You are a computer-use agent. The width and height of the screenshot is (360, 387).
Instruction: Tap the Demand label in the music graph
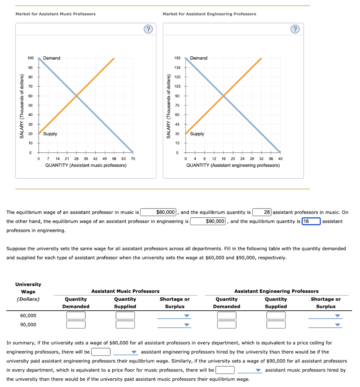52,58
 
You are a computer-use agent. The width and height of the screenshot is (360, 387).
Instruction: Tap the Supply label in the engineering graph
197,134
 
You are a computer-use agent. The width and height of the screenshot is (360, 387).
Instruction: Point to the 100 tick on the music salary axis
31,58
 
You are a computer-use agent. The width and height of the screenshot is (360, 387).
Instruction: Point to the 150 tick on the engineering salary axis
177,58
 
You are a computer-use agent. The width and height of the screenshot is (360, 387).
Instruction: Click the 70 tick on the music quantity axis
133,159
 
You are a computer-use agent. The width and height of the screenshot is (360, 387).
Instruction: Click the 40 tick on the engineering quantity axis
280,159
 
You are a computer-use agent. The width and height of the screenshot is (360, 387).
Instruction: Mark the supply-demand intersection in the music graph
77,96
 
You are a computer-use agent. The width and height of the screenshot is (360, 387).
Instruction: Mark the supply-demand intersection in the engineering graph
224,96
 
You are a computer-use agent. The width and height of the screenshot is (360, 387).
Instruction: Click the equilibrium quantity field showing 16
311,221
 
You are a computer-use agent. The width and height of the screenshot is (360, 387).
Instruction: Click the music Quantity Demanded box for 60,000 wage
76,316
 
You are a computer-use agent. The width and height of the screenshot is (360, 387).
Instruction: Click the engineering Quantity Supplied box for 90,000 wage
276,325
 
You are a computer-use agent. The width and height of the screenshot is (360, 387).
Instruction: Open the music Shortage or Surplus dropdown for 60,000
174,316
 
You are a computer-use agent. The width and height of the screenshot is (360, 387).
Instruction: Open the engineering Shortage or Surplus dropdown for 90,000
325,325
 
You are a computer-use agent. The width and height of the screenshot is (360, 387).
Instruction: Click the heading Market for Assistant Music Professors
56,14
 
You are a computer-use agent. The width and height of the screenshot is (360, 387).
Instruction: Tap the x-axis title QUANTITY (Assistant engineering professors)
233,166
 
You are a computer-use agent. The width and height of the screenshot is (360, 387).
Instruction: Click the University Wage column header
28,291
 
